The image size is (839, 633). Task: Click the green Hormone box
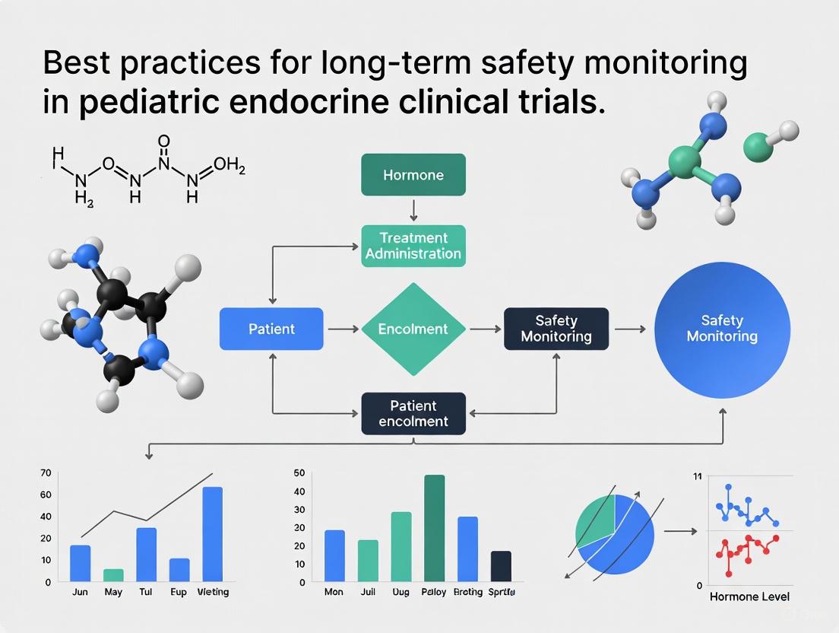point(413,175)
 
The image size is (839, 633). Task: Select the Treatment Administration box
point(413,245)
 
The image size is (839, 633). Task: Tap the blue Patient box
point(271,329)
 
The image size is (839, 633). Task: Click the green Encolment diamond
point(413,329)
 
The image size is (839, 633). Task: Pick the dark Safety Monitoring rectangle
point(556,329)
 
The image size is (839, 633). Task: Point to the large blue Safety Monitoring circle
point(721,329)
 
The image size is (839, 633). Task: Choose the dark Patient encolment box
point(413,413)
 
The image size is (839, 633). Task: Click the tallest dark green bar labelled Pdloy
point(434,528)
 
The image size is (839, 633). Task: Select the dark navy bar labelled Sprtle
point(501,566)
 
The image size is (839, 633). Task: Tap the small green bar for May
point(113,575)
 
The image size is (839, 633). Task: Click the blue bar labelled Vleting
point(213,534)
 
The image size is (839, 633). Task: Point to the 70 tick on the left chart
point(46,473)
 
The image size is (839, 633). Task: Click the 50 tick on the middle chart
point(299,473)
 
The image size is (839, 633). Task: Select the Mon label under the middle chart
point(334,592)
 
